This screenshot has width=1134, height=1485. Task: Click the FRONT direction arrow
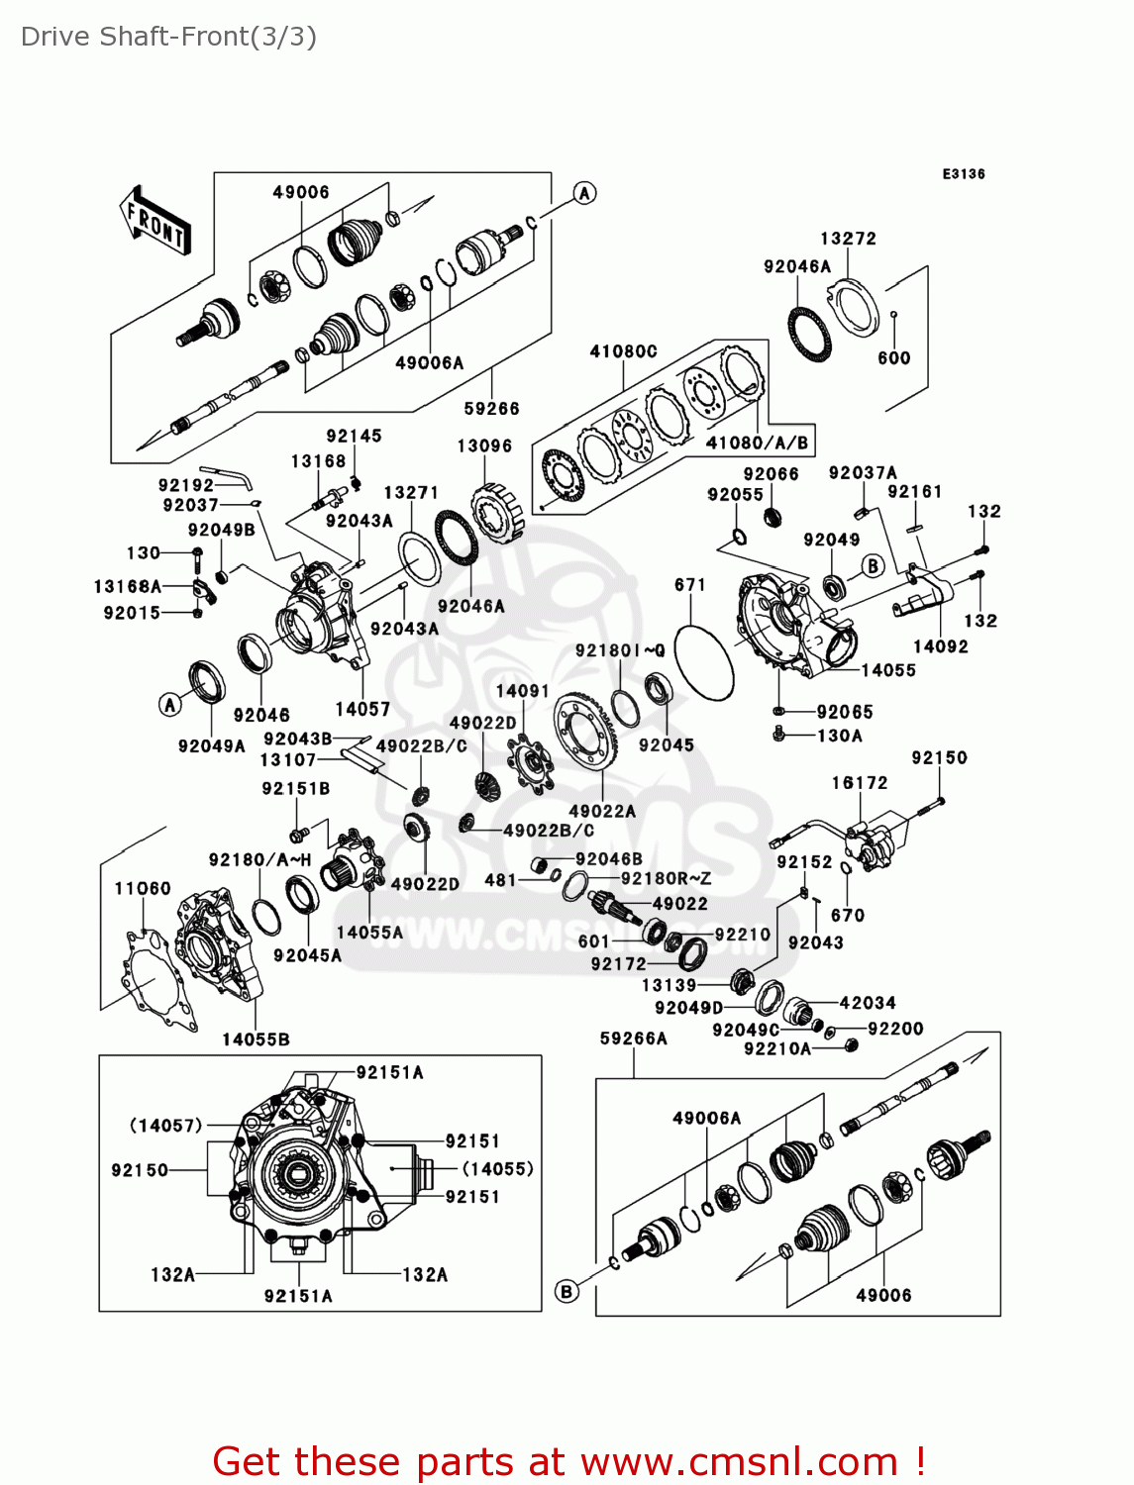coord(155,222)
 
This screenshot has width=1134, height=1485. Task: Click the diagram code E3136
coord(963,174)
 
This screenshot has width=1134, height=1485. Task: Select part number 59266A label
coord(633,1039)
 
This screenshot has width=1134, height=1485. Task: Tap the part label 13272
coord(848,239)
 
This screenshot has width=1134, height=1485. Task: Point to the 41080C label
coord(623,351)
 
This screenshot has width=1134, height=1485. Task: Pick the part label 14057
coord(362,709)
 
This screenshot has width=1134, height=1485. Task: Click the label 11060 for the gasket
coord(143,888)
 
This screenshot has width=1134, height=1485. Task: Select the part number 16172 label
coord(860,783)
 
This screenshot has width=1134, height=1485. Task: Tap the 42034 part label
coord(868,1003)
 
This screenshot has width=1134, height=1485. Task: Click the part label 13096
coord(484,446)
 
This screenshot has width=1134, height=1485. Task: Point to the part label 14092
coord(940,646)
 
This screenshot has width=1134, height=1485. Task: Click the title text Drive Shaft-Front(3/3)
coord(168,37)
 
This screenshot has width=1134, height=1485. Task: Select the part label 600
coord(893,358)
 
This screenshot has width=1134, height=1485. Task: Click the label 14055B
coord(256,1039)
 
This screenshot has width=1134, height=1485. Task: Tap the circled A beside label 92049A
coord(170,704)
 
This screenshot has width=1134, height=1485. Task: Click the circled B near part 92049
coord(873,565)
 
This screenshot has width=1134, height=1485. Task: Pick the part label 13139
coord(670,985)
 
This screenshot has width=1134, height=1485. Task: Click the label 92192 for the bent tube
coord(186,485)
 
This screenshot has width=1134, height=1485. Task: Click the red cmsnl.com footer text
coord(568,1461)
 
